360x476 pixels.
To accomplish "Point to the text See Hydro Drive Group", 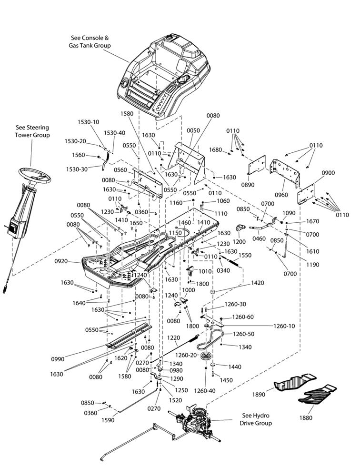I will (257, 419).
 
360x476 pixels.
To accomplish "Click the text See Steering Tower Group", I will (32, 131).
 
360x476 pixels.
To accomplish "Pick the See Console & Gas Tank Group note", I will (90, 41).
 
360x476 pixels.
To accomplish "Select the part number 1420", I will (258, 283).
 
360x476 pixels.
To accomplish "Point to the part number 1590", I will (108, 420).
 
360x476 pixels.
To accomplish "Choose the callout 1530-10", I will (89, 122).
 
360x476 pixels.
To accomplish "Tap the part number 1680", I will (216, 150).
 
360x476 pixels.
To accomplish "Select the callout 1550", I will (245, 256).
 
